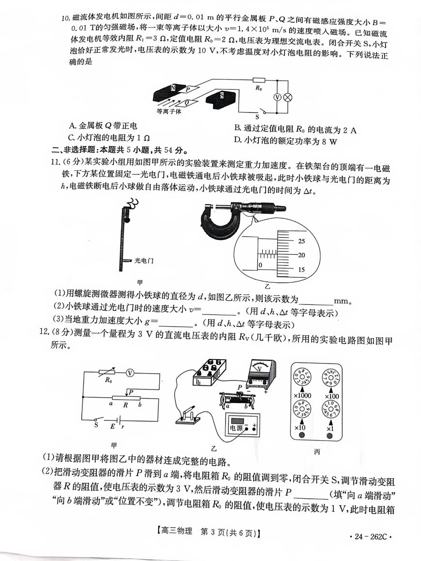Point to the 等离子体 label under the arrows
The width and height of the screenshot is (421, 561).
tap(169, 111)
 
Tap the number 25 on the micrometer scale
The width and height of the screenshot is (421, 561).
tap(301, 241)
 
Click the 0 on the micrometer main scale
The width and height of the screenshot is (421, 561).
tap(260, 265)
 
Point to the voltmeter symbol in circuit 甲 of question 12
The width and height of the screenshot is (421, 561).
tap(129, 373)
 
